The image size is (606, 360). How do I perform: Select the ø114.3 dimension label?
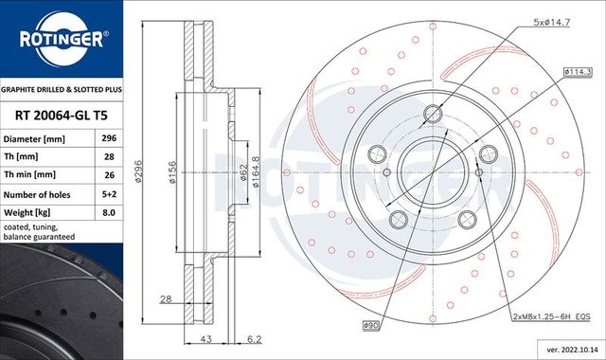(x=579, y=72)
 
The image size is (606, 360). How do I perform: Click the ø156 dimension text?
(x=174, y=171)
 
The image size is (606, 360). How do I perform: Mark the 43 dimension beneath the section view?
(x=205, y=339)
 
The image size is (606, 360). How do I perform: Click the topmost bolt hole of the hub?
(x=433, y=115)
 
